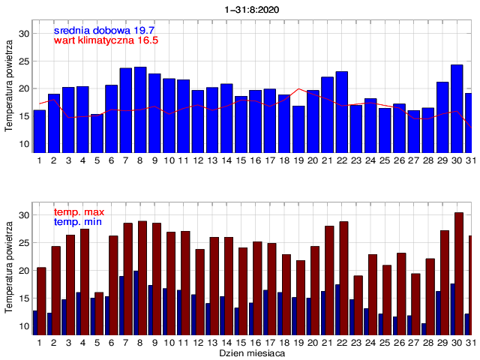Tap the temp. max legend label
(79, 212)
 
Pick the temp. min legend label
(78, 223)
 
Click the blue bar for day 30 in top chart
(457, 109)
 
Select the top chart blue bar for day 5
(97, 133)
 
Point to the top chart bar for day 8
(140, 109)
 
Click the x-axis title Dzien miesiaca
(250, 352)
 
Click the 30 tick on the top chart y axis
(24, 34)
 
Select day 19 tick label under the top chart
(299, 160)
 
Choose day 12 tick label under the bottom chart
(198, 342)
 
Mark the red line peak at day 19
(299, 88)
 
